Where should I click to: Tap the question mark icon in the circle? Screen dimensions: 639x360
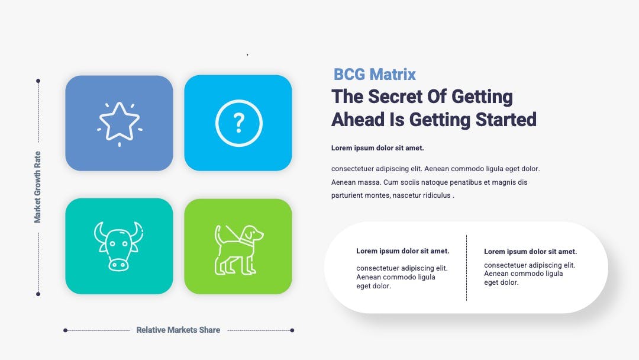click(239, 123)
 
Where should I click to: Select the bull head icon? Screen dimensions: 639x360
click(118, 246)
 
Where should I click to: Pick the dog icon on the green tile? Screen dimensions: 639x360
click(239, 249)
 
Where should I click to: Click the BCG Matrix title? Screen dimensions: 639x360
click(375, 75)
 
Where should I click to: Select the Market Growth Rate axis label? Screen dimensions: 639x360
click(37, 187)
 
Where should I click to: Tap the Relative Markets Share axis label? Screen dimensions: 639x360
click(178, 330)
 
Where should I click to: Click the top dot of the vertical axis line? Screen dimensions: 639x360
click(38, 81)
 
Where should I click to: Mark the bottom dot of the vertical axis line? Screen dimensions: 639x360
click(38, 294)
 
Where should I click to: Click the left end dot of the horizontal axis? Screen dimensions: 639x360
click(65, 330)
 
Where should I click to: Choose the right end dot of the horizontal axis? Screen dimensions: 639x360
click(292, 330)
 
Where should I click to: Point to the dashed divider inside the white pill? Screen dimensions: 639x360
click(467, 268)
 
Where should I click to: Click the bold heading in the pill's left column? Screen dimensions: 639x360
click(403, 251)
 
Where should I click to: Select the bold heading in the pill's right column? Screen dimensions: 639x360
click(531, 252)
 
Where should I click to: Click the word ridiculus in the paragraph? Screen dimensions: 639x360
click(437, 195)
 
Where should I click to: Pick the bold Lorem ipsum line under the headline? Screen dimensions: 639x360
click(377, 148)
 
